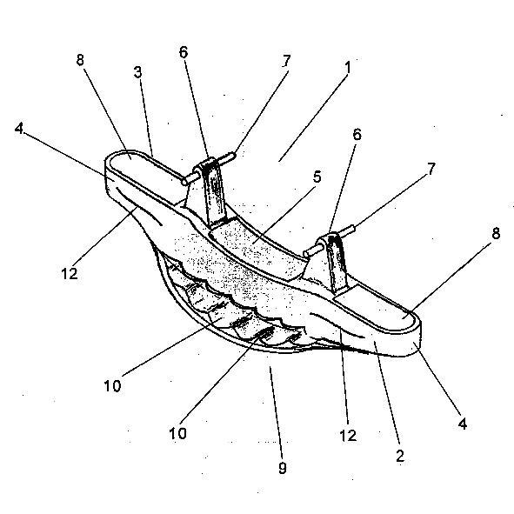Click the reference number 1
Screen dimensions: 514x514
pos(348,68)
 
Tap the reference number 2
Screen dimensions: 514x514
pos(400,456)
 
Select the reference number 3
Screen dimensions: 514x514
pos(138,72)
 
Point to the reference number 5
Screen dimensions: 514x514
pos(317,177)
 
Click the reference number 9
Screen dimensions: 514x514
pos(283,467)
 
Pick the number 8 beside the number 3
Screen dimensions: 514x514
pos(80,60)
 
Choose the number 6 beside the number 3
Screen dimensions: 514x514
pos(184,52)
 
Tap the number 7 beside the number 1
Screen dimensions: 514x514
pos(286,61)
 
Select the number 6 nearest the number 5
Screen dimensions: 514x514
pos(357,135)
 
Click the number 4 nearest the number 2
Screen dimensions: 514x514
pos(462,424)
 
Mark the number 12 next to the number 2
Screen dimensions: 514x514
pos(348,436)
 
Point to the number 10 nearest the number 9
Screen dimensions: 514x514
pos(177,433)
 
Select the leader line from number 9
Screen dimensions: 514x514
pos(276,413)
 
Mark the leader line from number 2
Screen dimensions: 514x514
pos(387,395)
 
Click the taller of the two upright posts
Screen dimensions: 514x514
pos(213,193)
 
